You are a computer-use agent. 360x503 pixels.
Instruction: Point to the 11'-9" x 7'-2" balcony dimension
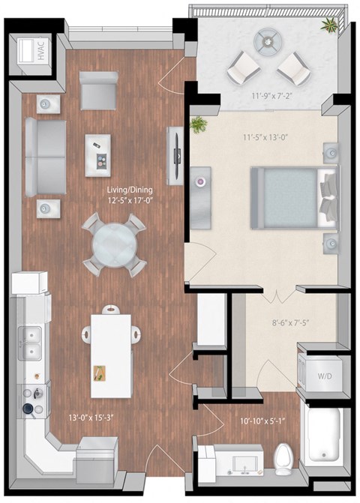coord(268,95)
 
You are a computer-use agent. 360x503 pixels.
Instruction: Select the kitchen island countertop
coord(112,355)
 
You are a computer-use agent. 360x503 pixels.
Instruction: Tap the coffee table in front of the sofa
coord(97,155)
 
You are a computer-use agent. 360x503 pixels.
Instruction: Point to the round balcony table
coord(267,43)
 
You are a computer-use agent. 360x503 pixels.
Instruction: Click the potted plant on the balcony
coord(328,27)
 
